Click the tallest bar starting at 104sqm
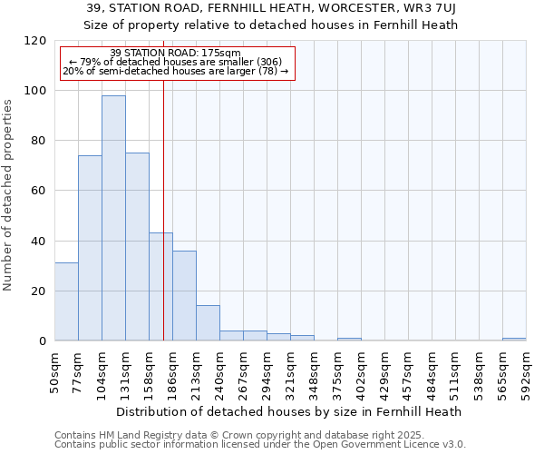click(x=113, y=218)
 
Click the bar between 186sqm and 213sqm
click(x=184, y=295)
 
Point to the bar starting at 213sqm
click(x=208, y=323)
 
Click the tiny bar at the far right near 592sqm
click(x=514, y=340)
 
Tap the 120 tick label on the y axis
click(x=35, y=41)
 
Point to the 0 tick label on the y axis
click(x=43, y=341)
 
